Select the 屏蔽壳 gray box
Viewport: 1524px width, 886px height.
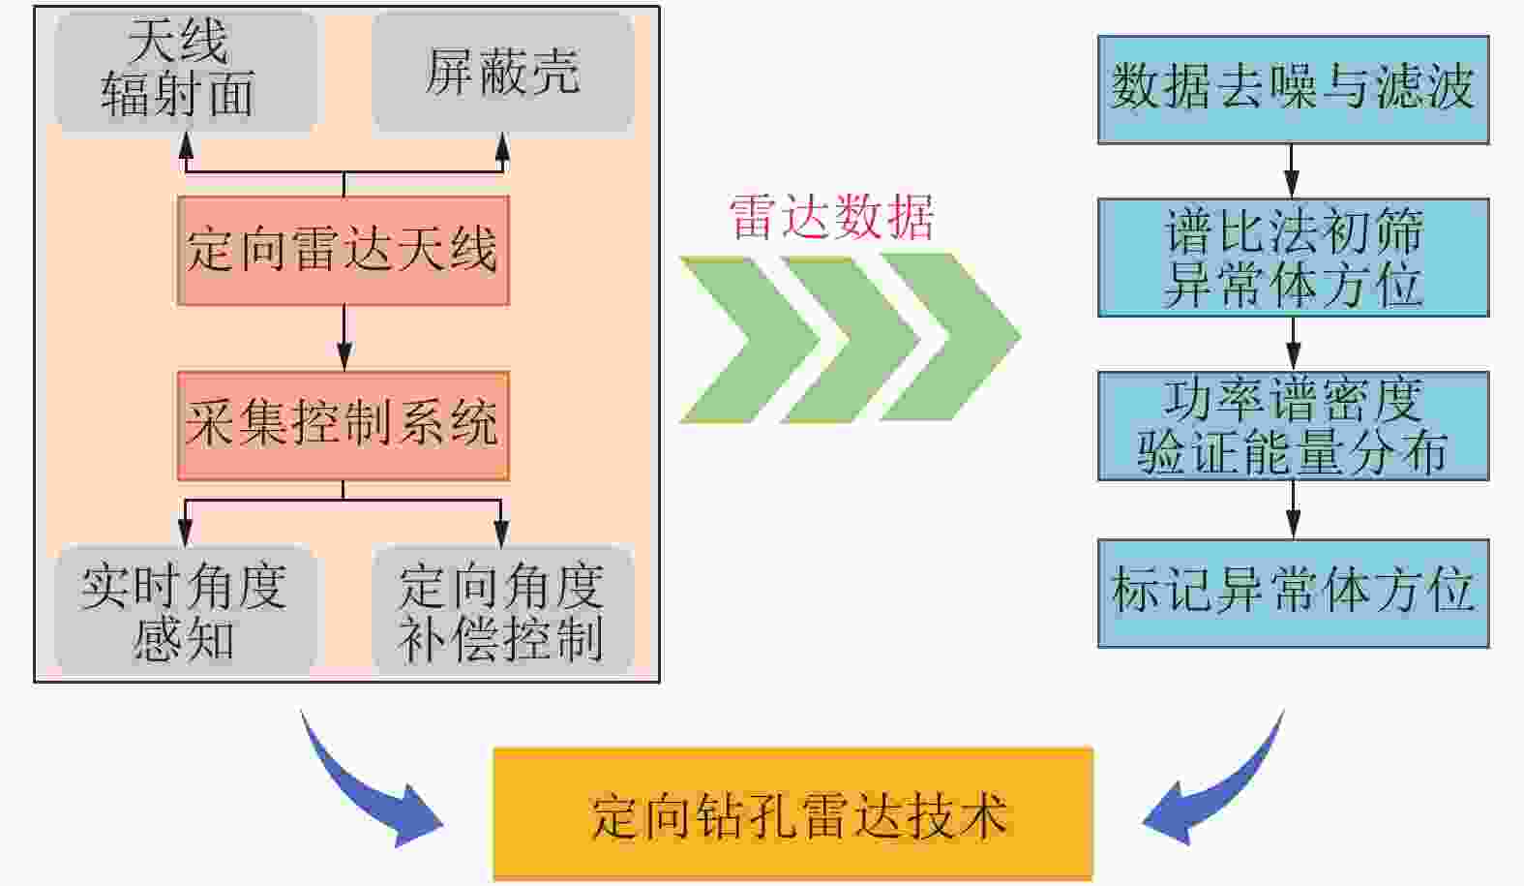coord(502,72)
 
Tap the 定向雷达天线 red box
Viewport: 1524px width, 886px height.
coord(343,251)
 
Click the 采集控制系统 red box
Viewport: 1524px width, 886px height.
coord(343,425)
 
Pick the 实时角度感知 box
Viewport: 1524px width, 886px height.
coord(185,611)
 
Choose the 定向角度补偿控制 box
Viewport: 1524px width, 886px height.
coord(502,611)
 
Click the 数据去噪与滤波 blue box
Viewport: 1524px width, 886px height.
coord(1293,89)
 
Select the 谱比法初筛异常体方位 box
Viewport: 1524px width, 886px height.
coord(1293,258)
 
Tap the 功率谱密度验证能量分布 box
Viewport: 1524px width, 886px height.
coord(1293,426)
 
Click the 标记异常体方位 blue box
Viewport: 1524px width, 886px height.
coord(1293,593)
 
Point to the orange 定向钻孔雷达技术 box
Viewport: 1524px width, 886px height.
coord(792,813)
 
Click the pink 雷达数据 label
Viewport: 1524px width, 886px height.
coord(831,217)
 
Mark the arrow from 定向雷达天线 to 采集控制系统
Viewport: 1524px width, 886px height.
coord(344,339)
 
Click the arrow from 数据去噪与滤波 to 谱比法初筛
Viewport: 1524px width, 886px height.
coord(1292,171)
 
